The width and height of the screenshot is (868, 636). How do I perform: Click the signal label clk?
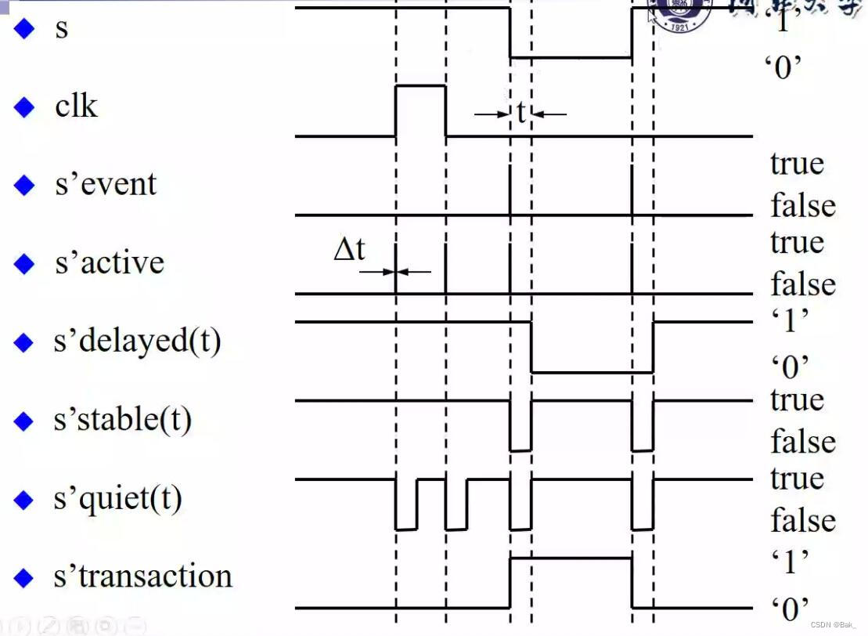(x=76, y=106)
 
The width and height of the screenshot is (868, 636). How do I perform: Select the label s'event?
(x=106, y=184)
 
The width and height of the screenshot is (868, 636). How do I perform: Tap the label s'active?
(x=109, y=262)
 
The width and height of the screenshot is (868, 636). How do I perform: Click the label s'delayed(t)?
(x=137, y=342)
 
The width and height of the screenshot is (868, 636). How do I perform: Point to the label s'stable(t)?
(x=122, y=421)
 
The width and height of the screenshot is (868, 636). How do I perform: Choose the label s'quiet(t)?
(x=117, y=499)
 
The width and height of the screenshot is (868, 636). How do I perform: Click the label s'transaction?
(x=143, y=576)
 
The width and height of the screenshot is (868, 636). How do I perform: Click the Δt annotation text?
(x=349, y=250)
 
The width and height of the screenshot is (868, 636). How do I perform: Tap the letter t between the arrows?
(x=520, y=114)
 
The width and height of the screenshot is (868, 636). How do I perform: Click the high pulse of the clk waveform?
(x=421, y=88)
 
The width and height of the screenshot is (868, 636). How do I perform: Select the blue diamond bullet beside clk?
(x=25, y=107)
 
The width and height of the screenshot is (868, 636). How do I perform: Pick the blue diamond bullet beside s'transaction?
(x=25, y=578)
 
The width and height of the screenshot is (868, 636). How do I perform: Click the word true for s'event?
(x=797, y=164)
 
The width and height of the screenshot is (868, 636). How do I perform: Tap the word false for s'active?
(x=803, y=284)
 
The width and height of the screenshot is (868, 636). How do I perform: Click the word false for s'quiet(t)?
(x=803, y=520)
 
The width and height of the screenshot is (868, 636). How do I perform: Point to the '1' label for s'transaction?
(x=790, y=561)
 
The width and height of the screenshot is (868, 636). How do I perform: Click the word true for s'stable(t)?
(x=797, y=399)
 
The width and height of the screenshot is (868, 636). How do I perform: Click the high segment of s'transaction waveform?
(x=571, y=558)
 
